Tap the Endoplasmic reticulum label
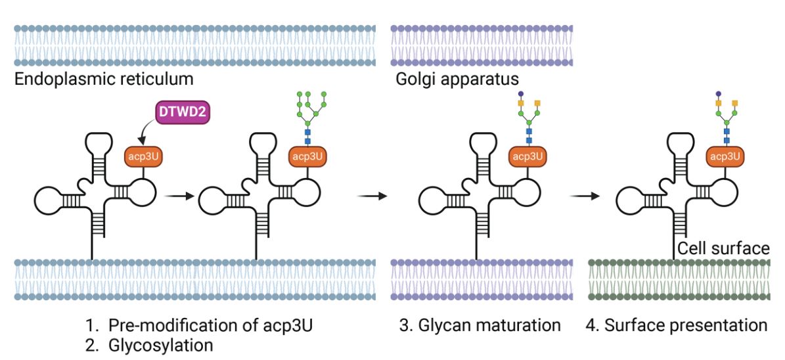[x=104, y=80]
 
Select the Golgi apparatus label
[x=458, y=80]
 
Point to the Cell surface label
[x=723, y=248]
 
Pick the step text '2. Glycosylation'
[x=149, y=345]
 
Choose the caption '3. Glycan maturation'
[x=480, y=325]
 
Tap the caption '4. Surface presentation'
[x=677, y=325]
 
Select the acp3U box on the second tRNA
[x=307, y=156]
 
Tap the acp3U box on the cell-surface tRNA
[x=725, y=156]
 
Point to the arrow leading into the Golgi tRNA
[x=372, y=195]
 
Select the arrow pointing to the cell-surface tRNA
[x=585, y=195]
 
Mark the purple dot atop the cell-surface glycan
[x=718, y=93]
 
